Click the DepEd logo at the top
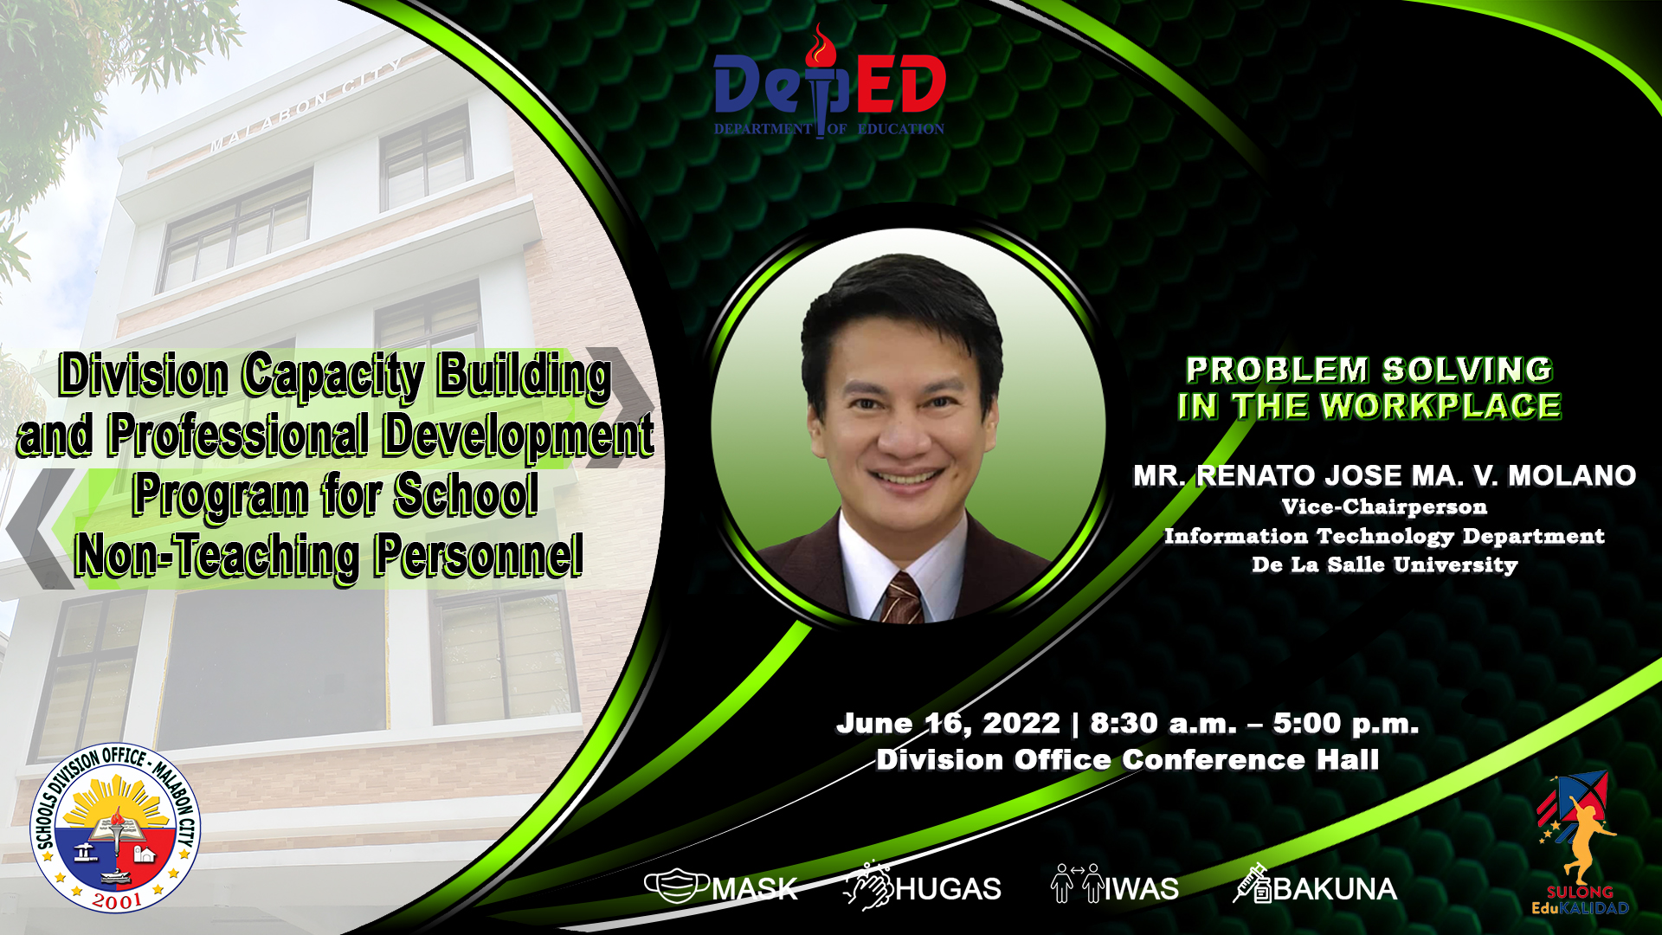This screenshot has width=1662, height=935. click(829, 82)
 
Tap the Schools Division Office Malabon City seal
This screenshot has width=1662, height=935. click(115, 828)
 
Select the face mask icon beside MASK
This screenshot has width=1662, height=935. click(677, 886)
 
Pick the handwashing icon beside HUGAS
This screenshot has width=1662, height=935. click(868, 886)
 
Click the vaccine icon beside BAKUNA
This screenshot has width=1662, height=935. click(1253, 884)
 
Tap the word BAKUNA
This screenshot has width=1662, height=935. click(1335, 889)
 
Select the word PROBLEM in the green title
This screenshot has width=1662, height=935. click(1277, 370)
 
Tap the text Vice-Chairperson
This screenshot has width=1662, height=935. click(1384, 506)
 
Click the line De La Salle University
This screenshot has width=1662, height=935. click(1384, 564)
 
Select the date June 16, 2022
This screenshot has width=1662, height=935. click(948, 723)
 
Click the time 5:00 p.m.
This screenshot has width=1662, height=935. click(1345, 723)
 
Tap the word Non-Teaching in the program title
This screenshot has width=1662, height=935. click(216, 555)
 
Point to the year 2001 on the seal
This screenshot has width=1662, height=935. click(117, 900)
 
